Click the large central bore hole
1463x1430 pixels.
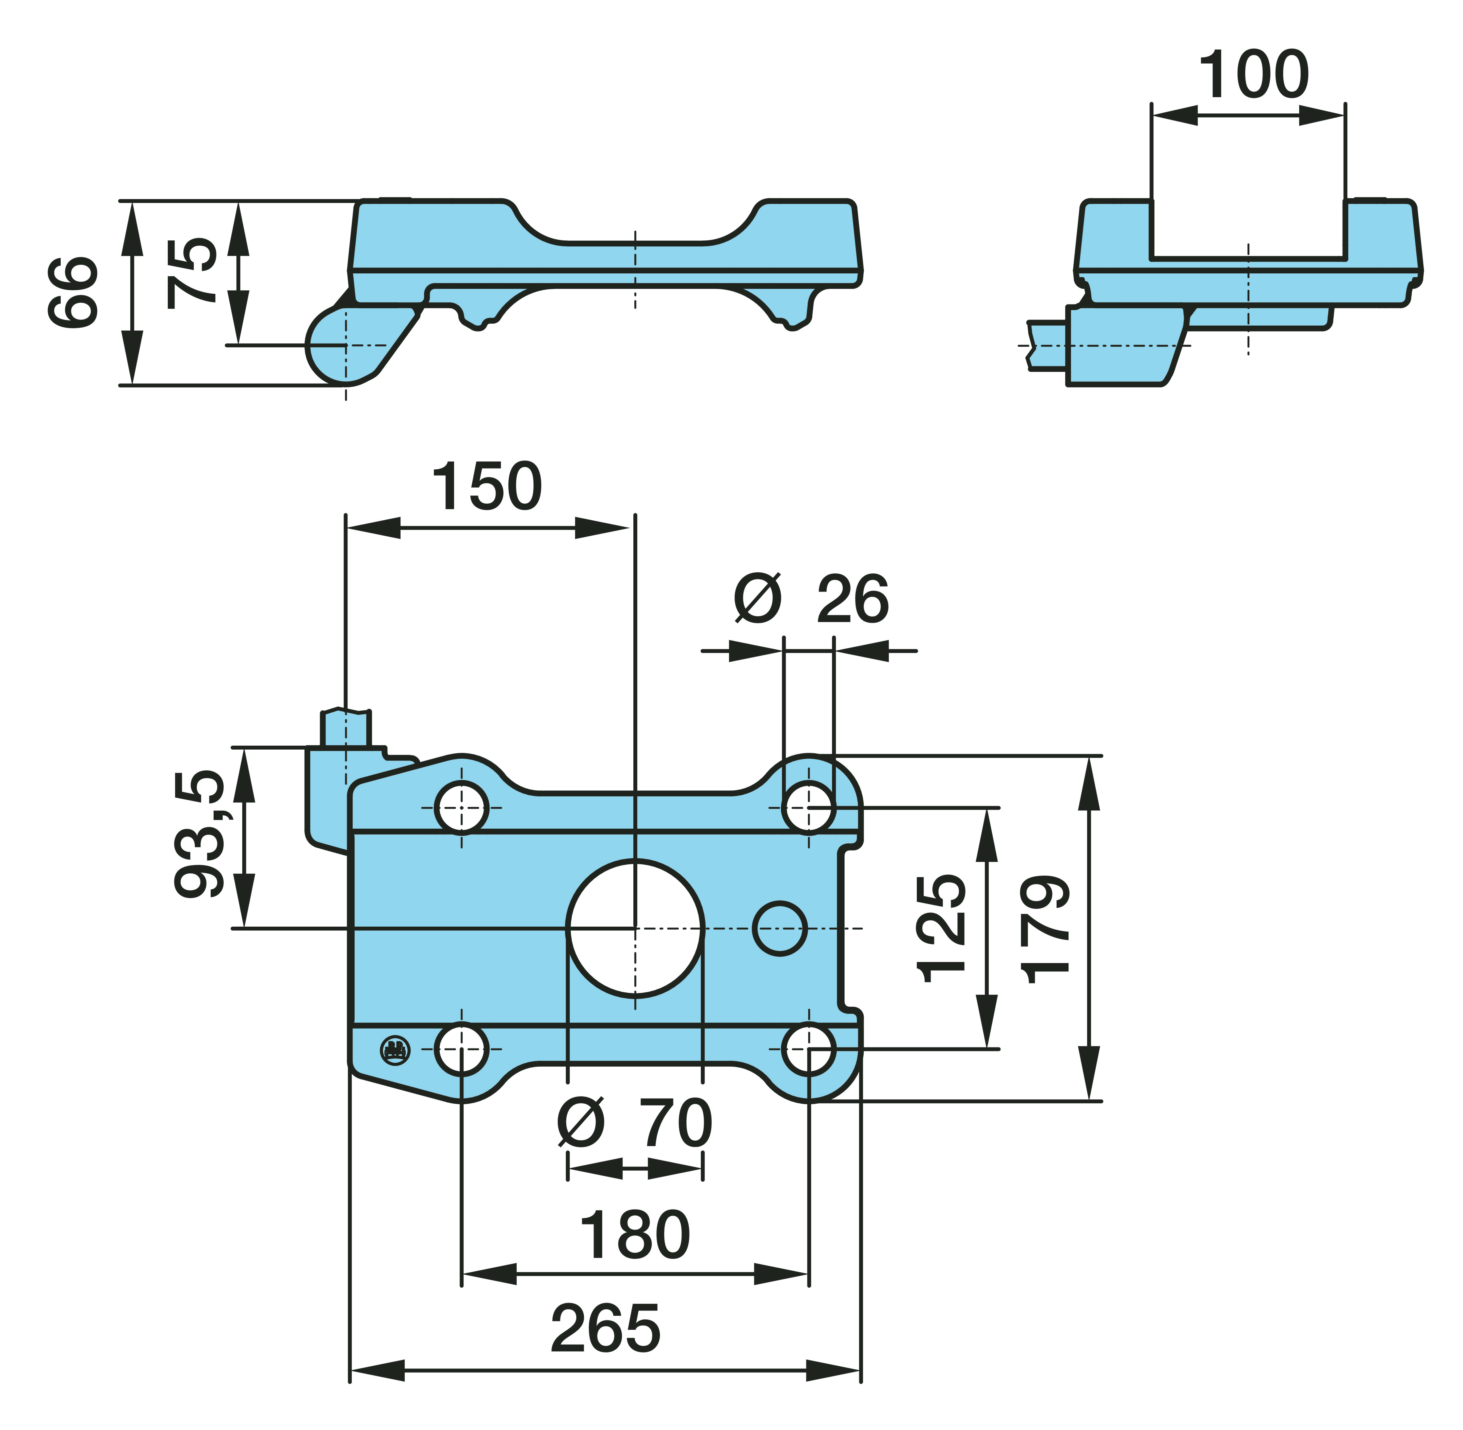point(635,929)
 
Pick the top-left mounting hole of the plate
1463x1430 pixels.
point(462,807)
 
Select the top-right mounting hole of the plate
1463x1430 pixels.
point(808,807)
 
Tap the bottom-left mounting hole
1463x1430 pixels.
point(462,1049)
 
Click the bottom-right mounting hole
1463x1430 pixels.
point(808,1049)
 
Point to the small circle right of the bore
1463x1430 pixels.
point(780,929)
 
